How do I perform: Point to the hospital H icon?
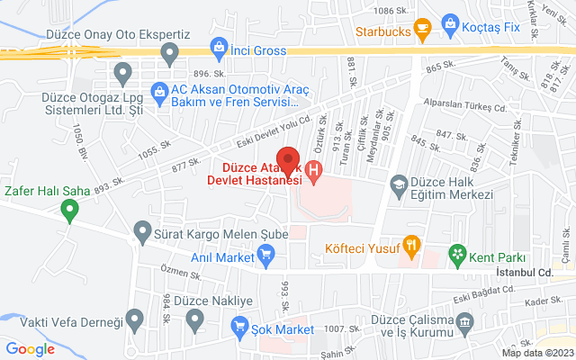(x=313, y=168)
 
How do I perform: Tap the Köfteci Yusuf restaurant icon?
(x=411, y=243)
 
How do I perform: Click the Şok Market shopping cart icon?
(x=240, y=325)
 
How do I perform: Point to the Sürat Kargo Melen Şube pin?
(x=140, y=233)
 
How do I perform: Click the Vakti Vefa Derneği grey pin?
(x=135, y=318)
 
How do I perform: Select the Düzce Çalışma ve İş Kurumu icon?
(x=465, y=321)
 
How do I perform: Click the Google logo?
(x=31, y=348)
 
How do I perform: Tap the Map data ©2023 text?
(x=536, y=353)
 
